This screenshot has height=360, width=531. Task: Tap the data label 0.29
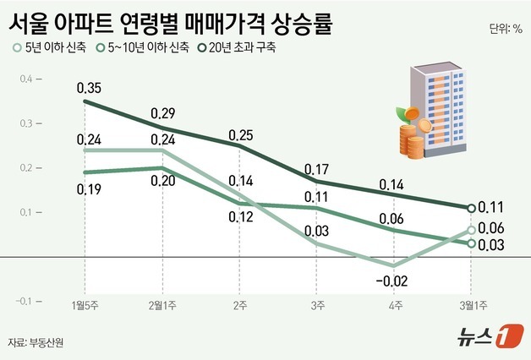click(x=164, y=113)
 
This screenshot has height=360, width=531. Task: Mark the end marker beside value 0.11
click(x=472, y=207)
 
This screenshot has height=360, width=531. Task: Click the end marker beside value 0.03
click(x=472, y=243)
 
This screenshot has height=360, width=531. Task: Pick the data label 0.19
click(x=89, y=190)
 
